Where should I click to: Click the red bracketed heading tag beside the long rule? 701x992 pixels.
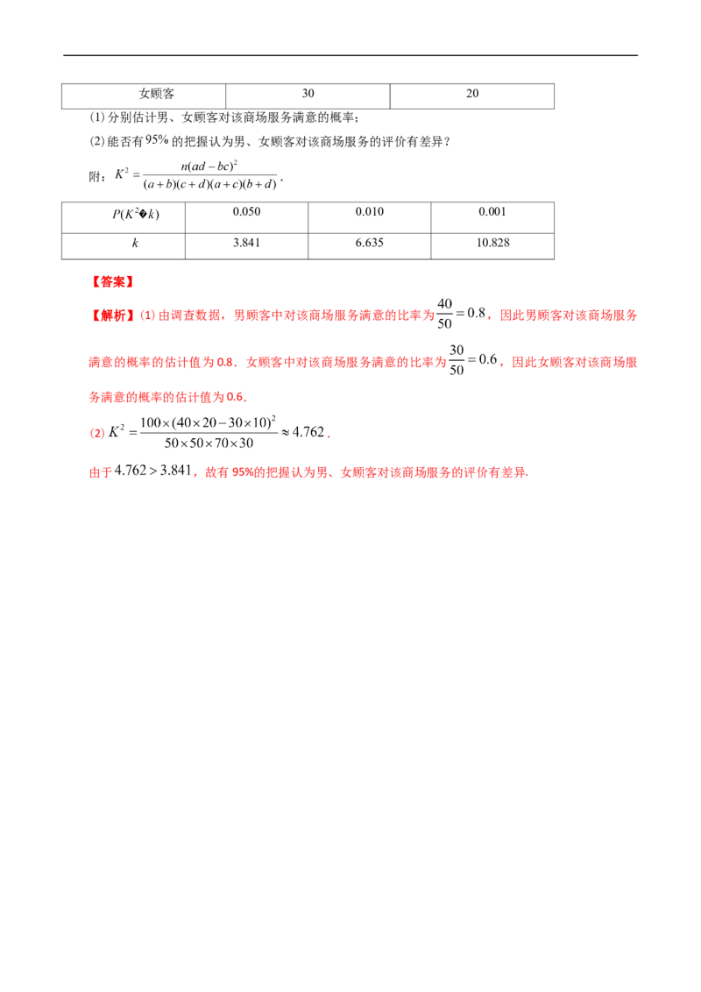(111, 283)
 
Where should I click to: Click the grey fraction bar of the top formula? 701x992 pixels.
(209, 171)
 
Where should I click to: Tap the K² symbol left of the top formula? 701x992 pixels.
(126, 174)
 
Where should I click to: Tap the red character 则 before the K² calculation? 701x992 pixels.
(96, 431)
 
